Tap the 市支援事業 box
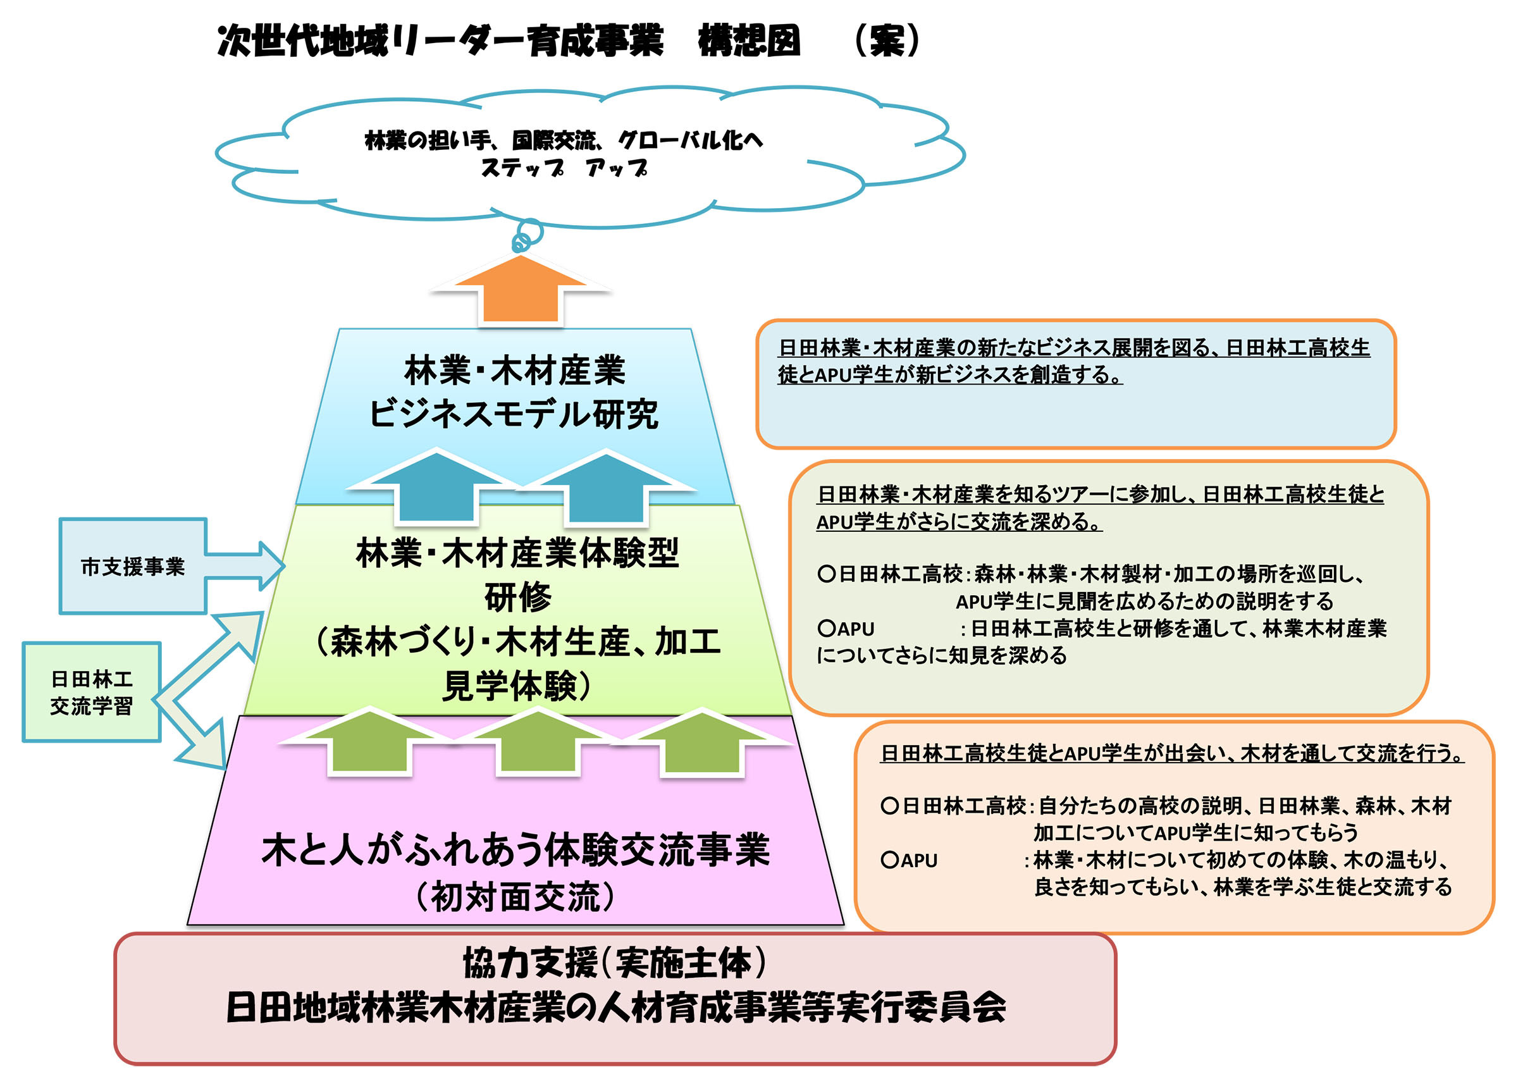[x=133, y=566]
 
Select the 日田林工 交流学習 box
[x=92, y=692]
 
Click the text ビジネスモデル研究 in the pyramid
[x=514, y=414]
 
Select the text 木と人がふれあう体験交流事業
[x=515, y=850]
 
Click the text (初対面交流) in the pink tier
[x=515, y=897]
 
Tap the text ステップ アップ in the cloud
[x=564, y=168]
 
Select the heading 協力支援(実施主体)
[x=614, y=963]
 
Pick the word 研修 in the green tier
[x=517, y=598]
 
